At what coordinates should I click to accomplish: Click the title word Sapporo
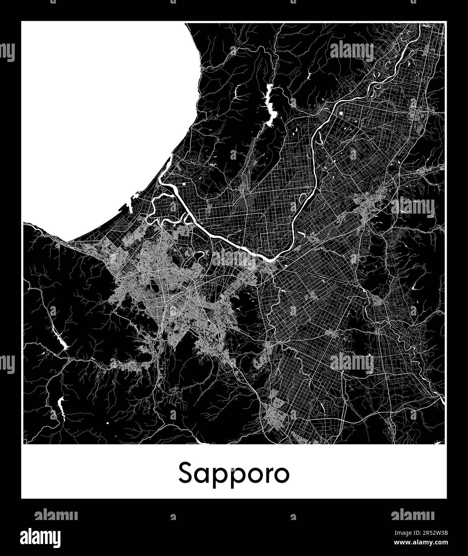[234, 473]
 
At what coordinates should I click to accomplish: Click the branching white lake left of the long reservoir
[239, 92]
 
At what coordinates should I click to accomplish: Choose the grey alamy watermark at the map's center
[234, 260]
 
